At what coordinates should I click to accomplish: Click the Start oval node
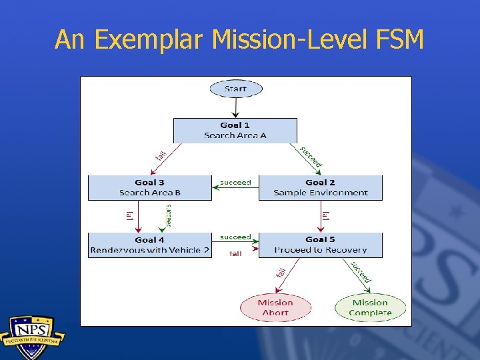click(x=235, y=89)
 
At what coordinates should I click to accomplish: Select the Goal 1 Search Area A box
click(x=235, y=130)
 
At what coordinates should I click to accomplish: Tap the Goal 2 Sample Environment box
click(x=320, y=187)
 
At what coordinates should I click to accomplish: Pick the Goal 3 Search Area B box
click(x=149, y=187)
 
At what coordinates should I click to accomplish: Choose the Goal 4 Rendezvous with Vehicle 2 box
click(x=149, y=245)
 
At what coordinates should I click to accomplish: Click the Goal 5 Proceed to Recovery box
click(x=320, y=245)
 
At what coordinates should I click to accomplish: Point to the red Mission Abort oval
click(x=275, y=307)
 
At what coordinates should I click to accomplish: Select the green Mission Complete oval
click(x=370, y=307)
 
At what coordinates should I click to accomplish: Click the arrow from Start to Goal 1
click(x=235, y=107)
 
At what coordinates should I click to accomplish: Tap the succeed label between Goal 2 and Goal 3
click(x=235, y=181)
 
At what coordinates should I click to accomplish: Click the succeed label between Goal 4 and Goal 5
click(x=235, y=237)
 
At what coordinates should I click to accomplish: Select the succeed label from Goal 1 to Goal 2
click(x=311, y=157)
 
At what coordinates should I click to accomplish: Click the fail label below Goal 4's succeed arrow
click(x=235, y=253)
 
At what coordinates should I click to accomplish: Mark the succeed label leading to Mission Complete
click(x=360, y=271)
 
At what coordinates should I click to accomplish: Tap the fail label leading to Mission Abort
click(x=281, y=271)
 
